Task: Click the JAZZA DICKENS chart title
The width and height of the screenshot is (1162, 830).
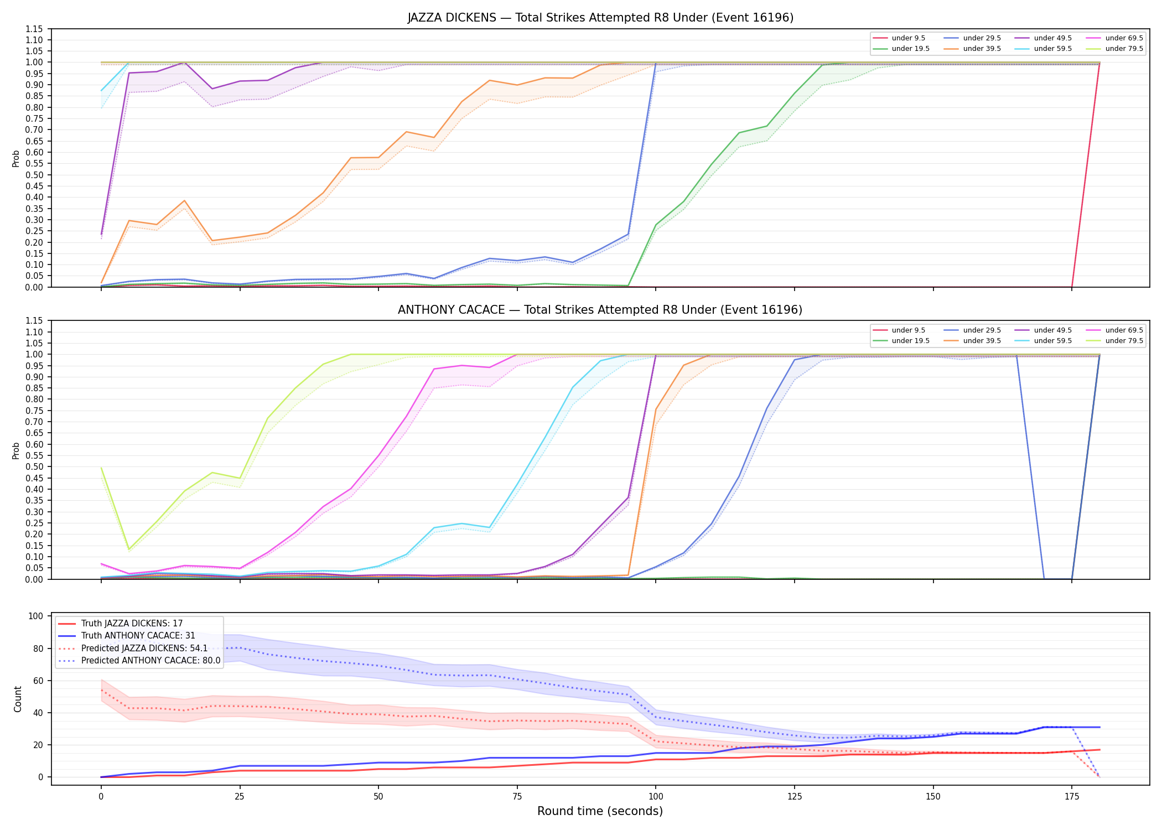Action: [x=600, y=18]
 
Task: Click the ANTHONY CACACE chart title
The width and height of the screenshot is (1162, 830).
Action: [x=600, y=310]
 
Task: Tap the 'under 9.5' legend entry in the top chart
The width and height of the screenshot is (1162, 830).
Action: [x=899, y=38]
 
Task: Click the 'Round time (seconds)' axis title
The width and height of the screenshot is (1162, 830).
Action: [x=600, y=811]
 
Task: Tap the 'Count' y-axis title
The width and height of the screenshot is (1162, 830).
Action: [x=18, y=699]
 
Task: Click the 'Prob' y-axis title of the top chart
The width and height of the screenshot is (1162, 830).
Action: [x=16, y=159]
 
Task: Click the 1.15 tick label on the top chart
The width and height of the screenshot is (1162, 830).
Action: [x=34, y=29]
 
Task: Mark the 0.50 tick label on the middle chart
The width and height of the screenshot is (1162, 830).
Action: [x=34, y=467]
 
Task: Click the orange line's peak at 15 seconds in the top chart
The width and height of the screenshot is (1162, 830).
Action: [x=184, y=201]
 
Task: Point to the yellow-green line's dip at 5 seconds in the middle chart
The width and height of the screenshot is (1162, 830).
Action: [x=129, y=549]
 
